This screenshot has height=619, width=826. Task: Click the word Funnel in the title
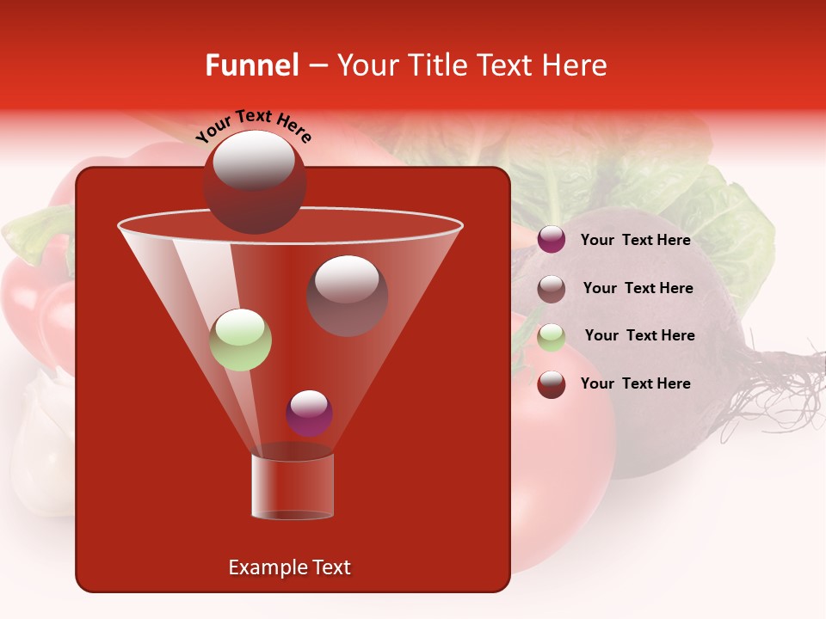pos(251,65)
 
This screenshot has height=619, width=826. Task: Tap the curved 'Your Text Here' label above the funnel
pos(254,126)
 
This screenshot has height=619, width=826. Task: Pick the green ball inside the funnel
pos(241,340)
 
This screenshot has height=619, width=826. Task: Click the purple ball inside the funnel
pos(309,413)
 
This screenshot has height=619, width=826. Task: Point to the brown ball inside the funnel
pos(348,296)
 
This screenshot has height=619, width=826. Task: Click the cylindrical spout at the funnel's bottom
pos(293,486)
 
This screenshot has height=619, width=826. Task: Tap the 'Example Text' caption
pos(289,567)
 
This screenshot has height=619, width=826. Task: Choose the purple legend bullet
pos(552,240)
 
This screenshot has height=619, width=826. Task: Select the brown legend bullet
pos(552,288)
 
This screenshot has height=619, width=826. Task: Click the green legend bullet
pos(552,336)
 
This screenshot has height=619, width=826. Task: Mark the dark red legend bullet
pos(552,383)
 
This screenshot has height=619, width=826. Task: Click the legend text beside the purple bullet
pos(635,240)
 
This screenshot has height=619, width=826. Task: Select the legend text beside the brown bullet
pos(638,288)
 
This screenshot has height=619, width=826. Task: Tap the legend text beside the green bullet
pos(639,335)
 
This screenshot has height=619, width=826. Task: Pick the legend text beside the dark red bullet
pos(635,383)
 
